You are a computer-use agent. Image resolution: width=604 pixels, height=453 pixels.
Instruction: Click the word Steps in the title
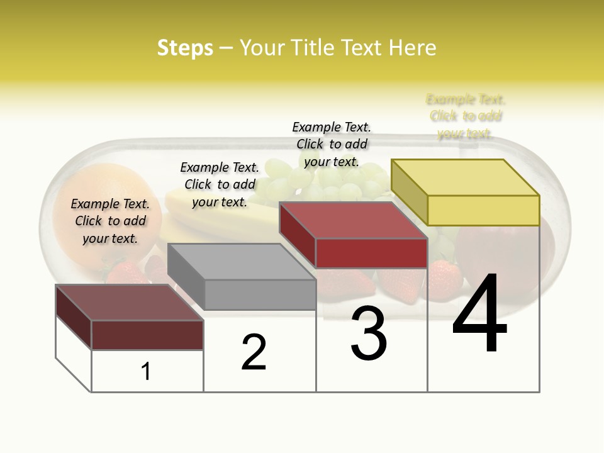tap(185, 48)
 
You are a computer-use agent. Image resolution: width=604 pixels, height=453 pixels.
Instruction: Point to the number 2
tap(254, 352)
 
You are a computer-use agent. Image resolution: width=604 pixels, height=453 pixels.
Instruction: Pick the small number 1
tap(146, 372)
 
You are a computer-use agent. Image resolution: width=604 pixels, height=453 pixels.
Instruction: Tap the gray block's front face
tap(260, 294)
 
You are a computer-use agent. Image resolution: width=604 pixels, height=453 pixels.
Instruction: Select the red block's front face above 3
tap(371, 253)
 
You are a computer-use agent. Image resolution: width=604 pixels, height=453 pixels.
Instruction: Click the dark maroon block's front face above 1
tap(147, 335)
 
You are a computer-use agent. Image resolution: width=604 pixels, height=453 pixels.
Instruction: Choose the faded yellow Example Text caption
tap(466, 116)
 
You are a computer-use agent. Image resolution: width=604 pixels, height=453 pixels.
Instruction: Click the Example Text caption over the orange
tap(110, 221)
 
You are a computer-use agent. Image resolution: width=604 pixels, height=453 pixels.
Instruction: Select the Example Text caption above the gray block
tap(220, 184)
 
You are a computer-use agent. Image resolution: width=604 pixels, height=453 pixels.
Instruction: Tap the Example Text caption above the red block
tap(332, 144)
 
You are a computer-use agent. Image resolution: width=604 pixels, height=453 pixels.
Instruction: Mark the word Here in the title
tap(413, 48)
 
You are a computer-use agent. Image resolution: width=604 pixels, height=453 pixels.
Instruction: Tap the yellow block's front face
tap(483, 210)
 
